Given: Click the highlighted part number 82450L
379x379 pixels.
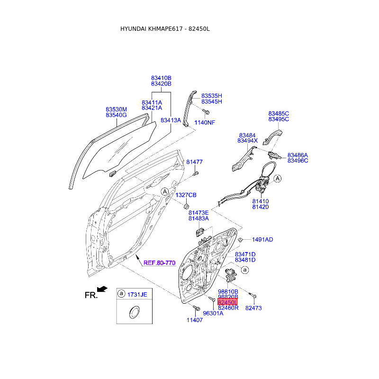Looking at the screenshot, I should pyautogui.click(x=227, y=302).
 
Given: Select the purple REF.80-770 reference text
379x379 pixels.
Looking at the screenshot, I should pyautogui.click(x=160, y=262).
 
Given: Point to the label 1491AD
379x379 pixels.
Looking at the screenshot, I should pyautogui.click(x=262, y=240).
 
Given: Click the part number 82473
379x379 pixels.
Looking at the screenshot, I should pyautogui.click(x=253, y=308).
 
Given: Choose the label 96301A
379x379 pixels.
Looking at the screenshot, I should pyautogui.click(x=213, y=313).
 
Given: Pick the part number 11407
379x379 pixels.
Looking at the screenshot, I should pyautogui.click(x=194, y=320).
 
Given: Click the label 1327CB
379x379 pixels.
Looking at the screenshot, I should pyautogui.click(x=186, y=195).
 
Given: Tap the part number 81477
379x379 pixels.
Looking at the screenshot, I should pyautogui.click(x=194, y=162).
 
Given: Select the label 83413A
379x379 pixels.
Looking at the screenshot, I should pyautogui.click(x=171, y=120).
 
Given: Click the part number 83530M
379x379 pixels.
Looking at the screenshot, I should pyautogui.click(x=116, y=109).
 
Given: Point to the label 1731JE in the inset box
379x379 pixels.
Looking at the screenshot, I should pyautogui.click(x=138, y=295).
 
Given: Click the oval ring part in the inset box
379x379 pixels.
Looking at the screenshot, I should pyautogui.click(x=134, y=312).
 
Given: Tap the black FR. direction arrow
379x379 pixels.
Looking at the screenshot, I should pyautogui.click(x=101, y=289).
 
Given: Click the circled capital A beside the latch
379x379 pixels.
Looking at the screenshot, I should pyautogui.click(x=278, y=179).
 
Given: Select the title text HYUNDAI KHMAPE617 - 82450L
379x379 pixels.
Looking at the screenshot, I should pyautogui.click(x=165, y=29).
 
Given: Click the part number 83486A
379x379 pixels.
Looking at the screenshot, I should pyautogui.click(x=298, y=155).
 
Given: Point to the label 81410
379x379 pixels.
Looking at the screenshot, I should pyautogui.click(x=260, y=201).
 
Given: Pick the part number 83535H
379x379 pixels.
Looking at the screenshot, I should pyautogui.click(x=211, y=96).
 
